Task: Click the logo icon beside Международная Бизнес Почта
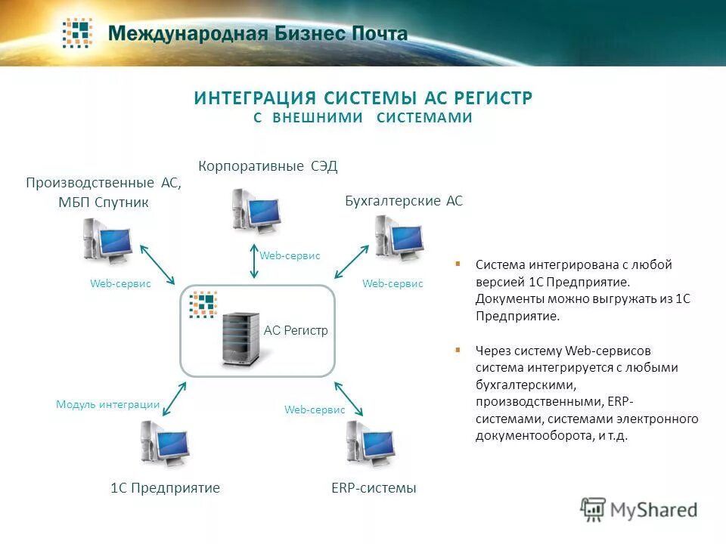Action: click(77, 33)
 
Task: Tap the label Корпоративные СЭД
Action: click(268, 166)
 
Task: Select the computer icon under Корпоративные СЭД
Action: click(257, 209)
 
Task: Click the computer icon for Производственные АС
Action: click(108, 240)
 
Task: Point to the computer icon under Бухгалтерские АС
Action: click(398, 238)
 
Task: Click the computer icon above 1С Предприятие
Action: click(164, 444)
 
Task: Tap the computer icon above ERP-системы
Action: click(371, 444)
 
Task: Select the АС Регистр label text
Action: click(296, 331)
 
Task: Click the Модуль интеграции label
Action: click(108, 404)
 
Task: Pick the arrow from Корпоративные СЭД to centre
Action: click(254, 262)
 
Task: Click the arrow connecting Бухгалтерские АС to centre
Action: click(352, 261)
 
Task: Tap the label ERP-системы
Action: click(374, 488)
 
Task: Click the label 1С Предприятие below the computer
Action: click(165, 488)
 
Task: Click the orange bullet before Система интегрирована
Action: click(458, 264)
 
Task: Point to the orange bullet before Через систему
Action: click(458, 351)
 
